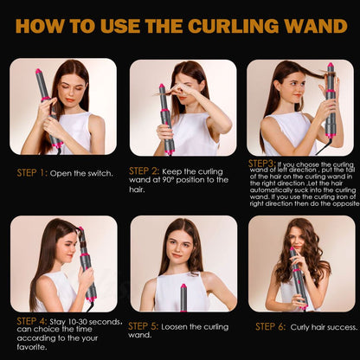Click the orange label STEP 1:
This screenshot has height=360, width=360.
(x=31, y=173)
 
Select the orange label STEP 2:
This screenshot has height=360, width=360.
(x=144, y=170)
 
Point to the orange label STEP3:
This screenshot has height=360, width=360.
(x=262, y=163)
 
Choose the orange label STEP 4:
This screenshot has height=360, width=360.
(x=31, y=321)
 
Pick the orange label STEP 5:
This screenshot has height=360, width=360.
(x=144, y=326)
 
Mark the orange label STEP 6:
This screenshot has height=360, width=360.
(x=271, y=326)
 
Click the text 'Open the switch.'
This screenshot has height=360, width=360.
(x=81, y=173)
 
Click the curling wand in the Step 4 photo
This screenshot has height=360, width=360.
(x=86, y=264)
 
